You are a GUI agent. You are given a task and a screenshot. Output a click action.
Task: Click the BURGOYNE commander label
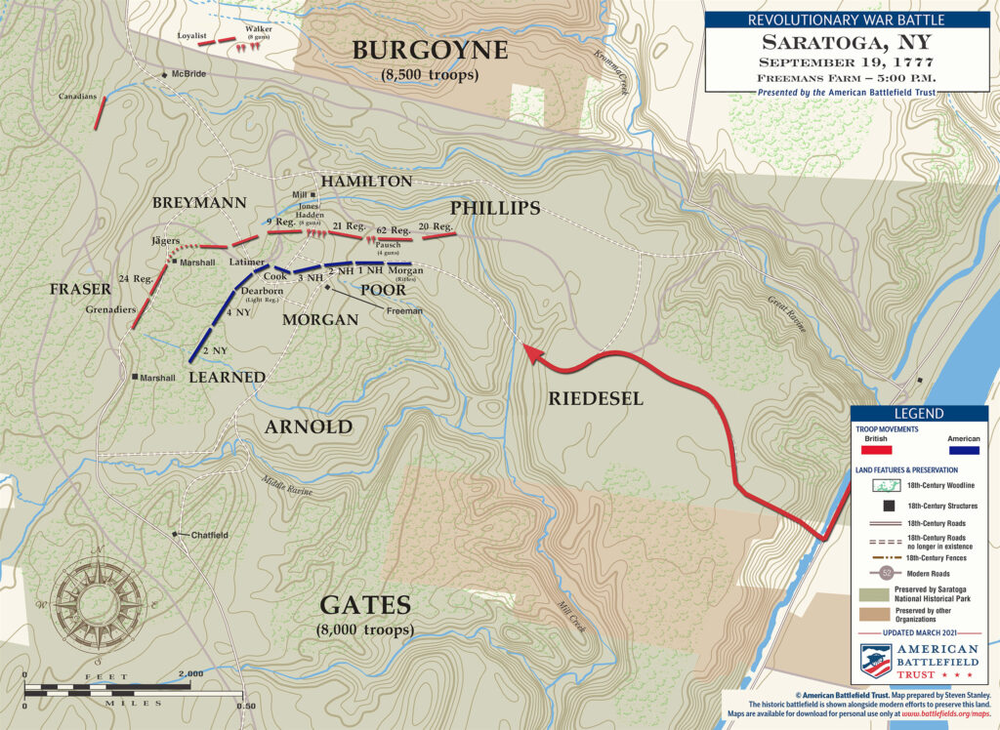[x=431, y=51]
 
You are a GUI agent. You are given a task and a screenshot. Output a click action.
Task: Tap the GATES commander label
[x=365, y=606]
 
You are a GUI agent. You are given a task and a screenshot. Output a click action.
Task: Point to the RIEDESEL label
[x=595, y=398]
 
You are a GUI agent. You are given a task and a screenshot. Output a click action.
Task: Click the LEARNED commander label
[x=227, y=377]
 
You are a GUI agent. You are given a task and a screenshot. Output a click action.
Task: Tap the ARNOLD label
[x=308, y=427]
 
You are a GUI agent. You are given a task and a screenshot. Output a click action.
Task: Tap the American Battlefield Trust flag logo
[x=875, y=661]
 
